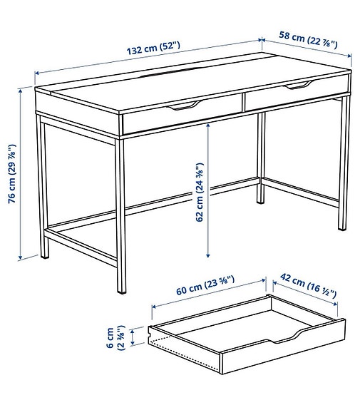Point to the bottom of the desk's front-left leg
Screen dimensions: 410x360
pos(119,290)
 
